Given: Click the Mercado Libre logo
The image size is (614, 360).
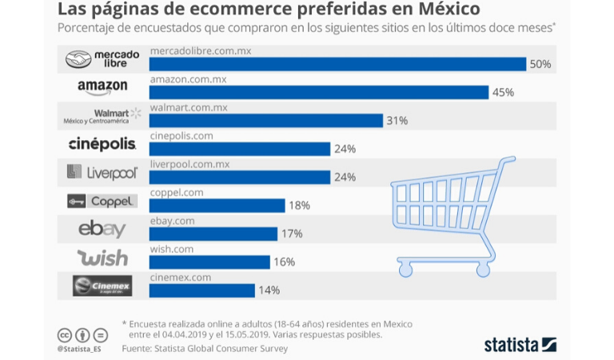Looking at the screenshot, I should [x=102, y=58].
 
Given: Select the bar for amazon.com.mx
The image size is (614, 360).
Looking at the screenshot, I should [x=319, y=92].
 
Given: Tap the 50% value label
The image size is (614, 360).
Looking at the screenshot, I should [x=540, y=64].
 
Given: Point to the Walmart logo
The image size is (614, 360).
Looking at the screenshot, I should [x=102, y=116].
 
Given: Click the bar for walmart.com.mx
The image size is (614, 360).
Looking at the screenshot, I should [x=266, y=121].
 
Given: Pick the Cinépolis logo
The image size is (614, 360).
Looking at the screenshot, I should [x=102, y=144].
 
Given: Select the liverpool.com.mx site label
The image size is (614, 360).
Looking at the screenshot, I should [x=189, y=164].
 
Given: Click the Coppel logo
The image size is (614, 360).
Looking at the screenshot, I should [x=102, y=201].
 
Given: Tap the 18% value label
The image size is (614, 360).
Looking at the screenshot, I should [x=299, y=206].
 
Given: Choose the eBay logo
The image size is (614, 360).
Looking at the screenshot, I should [x=102, y=229].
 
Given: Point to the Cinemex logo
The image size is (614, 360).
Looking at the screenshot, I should [x=102, y=286].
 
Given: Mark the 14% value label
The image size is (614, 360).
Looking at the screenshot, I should [x=268, y=290].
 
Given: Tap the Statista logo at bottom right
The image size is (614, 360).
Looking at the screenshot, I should [x=520, y=345].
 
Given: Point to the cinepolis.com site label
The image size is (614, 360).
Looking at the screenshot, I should [x=181, y=136].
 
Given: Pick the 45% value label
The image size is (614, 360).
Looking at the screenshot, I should [x=503, y=92].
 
